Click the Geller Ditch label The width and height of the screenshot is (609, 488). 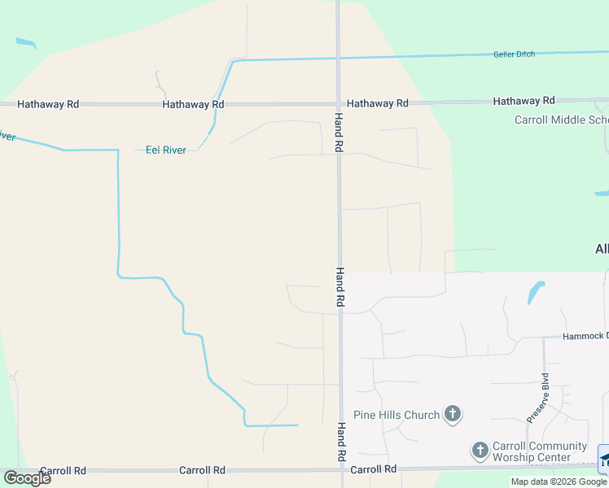[x=514, y=54]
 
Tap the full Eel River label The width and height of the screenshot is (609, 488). [x=165, y=150]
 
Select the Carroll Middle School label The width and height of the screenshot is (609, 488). [x=561, y=120]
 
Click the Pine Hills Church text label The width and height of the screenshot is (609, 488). [x=397, y=416]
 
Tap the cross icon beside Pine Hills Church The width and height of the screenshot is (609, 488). [x=453, y=416]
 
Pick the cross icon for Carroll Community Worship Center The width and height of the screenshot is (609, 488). [x=480, y=450]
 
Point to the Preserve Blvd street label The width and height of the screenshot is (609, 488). [x=537, y=398]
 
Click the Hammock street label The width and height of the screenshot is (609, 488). [x=585, y=336]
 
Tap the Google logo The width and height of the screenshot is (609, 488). [x=27, y=477]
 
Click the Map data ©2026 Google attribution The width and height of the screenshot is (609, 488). [x=559, y=482]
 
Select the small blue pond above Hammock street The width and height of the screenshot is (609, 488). [x=536, y=291]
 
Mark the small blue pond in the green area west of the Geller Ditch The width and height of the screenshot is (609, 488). [x=26, y=43]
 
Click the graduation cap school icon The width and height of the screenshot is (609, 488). [x=604, y=460]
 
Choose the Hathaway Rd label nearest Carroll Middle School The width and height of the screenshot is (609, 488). [x=524, y=101]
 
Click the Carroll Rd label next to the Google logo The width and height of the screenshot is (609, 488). [x=63, y=471]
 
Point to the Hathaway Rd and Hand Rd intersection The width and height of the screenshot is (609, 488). [x=339, y=104]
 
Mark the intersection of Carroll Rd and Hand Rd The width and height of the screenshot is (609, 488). [x=340, y=469]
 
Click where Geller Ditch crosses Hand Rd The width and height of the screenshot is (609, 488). [x=339, y=58]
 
